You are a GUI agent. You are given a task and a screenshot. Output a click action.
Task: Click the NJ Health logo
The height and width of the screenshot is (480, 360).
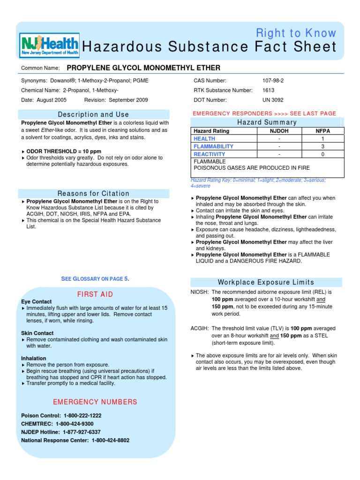pos(49,45)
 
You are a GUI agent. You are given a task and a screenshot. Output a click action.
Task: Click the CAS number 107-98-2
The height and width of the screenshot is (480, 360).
pos(273,81)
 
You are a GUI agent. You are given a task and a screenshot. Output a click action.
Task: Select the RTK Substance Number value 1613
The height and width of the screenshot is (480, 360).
pos(269,90)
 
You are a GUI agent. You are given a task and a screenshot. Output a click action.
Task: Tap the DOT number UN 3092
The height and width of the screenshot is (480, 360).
pos(273,100)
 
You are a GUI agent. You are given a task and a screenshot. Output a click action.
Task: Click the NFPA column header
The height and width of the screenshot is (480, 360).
pos(322,131)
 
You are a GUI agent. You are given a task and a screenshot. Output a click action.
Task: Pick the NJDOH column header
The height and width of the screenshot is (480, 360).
pos(279,131)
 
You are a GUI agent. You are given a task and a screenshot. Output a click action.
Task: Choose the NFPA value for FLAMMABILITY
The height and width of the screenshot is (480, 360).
pos(322,146)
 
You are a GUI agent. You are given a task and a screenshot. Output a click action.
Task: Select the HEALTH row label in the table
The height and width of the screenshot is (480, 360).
pos(204,139)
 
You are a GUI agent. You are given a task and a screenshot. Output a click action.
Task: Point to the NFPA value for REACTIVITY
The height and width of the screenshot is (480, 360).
pos(322,154)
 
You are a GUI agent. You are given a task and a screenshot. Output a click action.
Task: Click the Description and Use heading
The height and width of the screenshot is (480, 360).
pos(93,114)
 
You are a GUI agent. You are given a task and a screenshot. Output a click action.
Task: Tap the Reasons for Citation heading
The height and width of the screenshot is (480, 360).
pos(93,194)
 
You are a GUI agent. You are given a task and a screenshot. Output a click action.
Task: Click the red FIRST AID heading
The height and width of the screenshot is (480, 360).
pos(95,294)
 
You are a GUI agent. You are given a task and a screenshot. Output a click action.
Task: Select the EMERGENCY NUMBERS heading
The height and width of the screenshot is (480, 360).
pos(95,402)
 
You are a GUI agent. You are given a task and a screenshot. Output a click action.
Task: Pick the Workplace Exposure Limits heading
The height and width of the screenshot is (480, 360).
pos(266,282)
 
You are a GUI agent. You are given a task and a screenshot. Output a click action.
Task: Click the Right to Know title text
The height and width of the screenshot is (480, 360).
pos(296,33)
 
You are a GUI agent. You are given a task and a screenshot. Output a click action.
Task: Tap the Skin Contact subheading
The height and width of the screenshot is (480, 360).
pos(37,333)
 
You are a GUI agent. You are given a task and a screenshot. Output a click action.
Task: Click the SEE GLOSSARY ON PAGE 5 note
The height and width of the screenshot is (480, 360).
pos(95,279)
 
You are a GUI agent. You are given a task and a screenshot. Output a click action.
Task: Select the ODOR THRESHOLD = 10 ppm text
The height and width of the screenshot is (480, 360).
pos(64,152)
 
